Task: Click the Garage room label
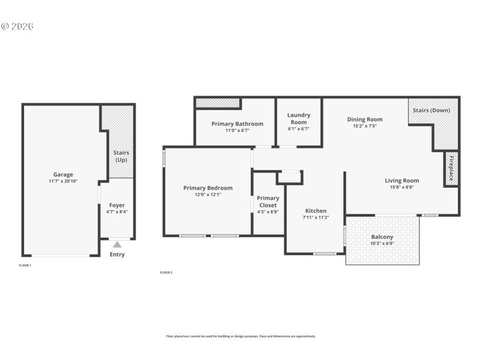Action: coord(63,174)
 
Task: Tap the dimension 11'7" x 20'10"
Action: coord(63,181)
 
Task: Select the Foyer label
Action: coord(117,205)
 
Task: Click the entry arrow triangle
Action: coord(117,244)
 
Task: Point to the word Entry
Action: coord(117,255)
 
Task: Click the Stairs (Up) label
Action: coord(121,156)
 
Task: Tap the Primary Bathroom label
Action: coord(237,123)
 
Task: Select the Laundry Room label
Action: coord(299,118)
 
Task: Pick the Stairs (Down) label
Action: coord(431,110)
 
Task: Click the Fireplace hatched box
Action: coord(451,169)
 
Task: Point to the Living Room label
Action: coord(402,180)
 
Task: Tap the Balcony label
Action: coord(382,237)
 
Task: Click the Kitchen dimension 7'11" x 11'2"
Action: coord(316,217)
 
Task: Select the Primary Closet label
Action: coord(268,202)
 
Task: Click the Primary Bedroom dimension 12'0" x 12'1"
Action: coord(208,194)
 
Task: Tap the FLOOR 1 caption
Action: coord(25,265)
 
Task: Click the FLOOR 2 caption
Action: coord(166,273)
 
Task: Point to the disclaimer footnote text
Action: coord(241,336)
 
